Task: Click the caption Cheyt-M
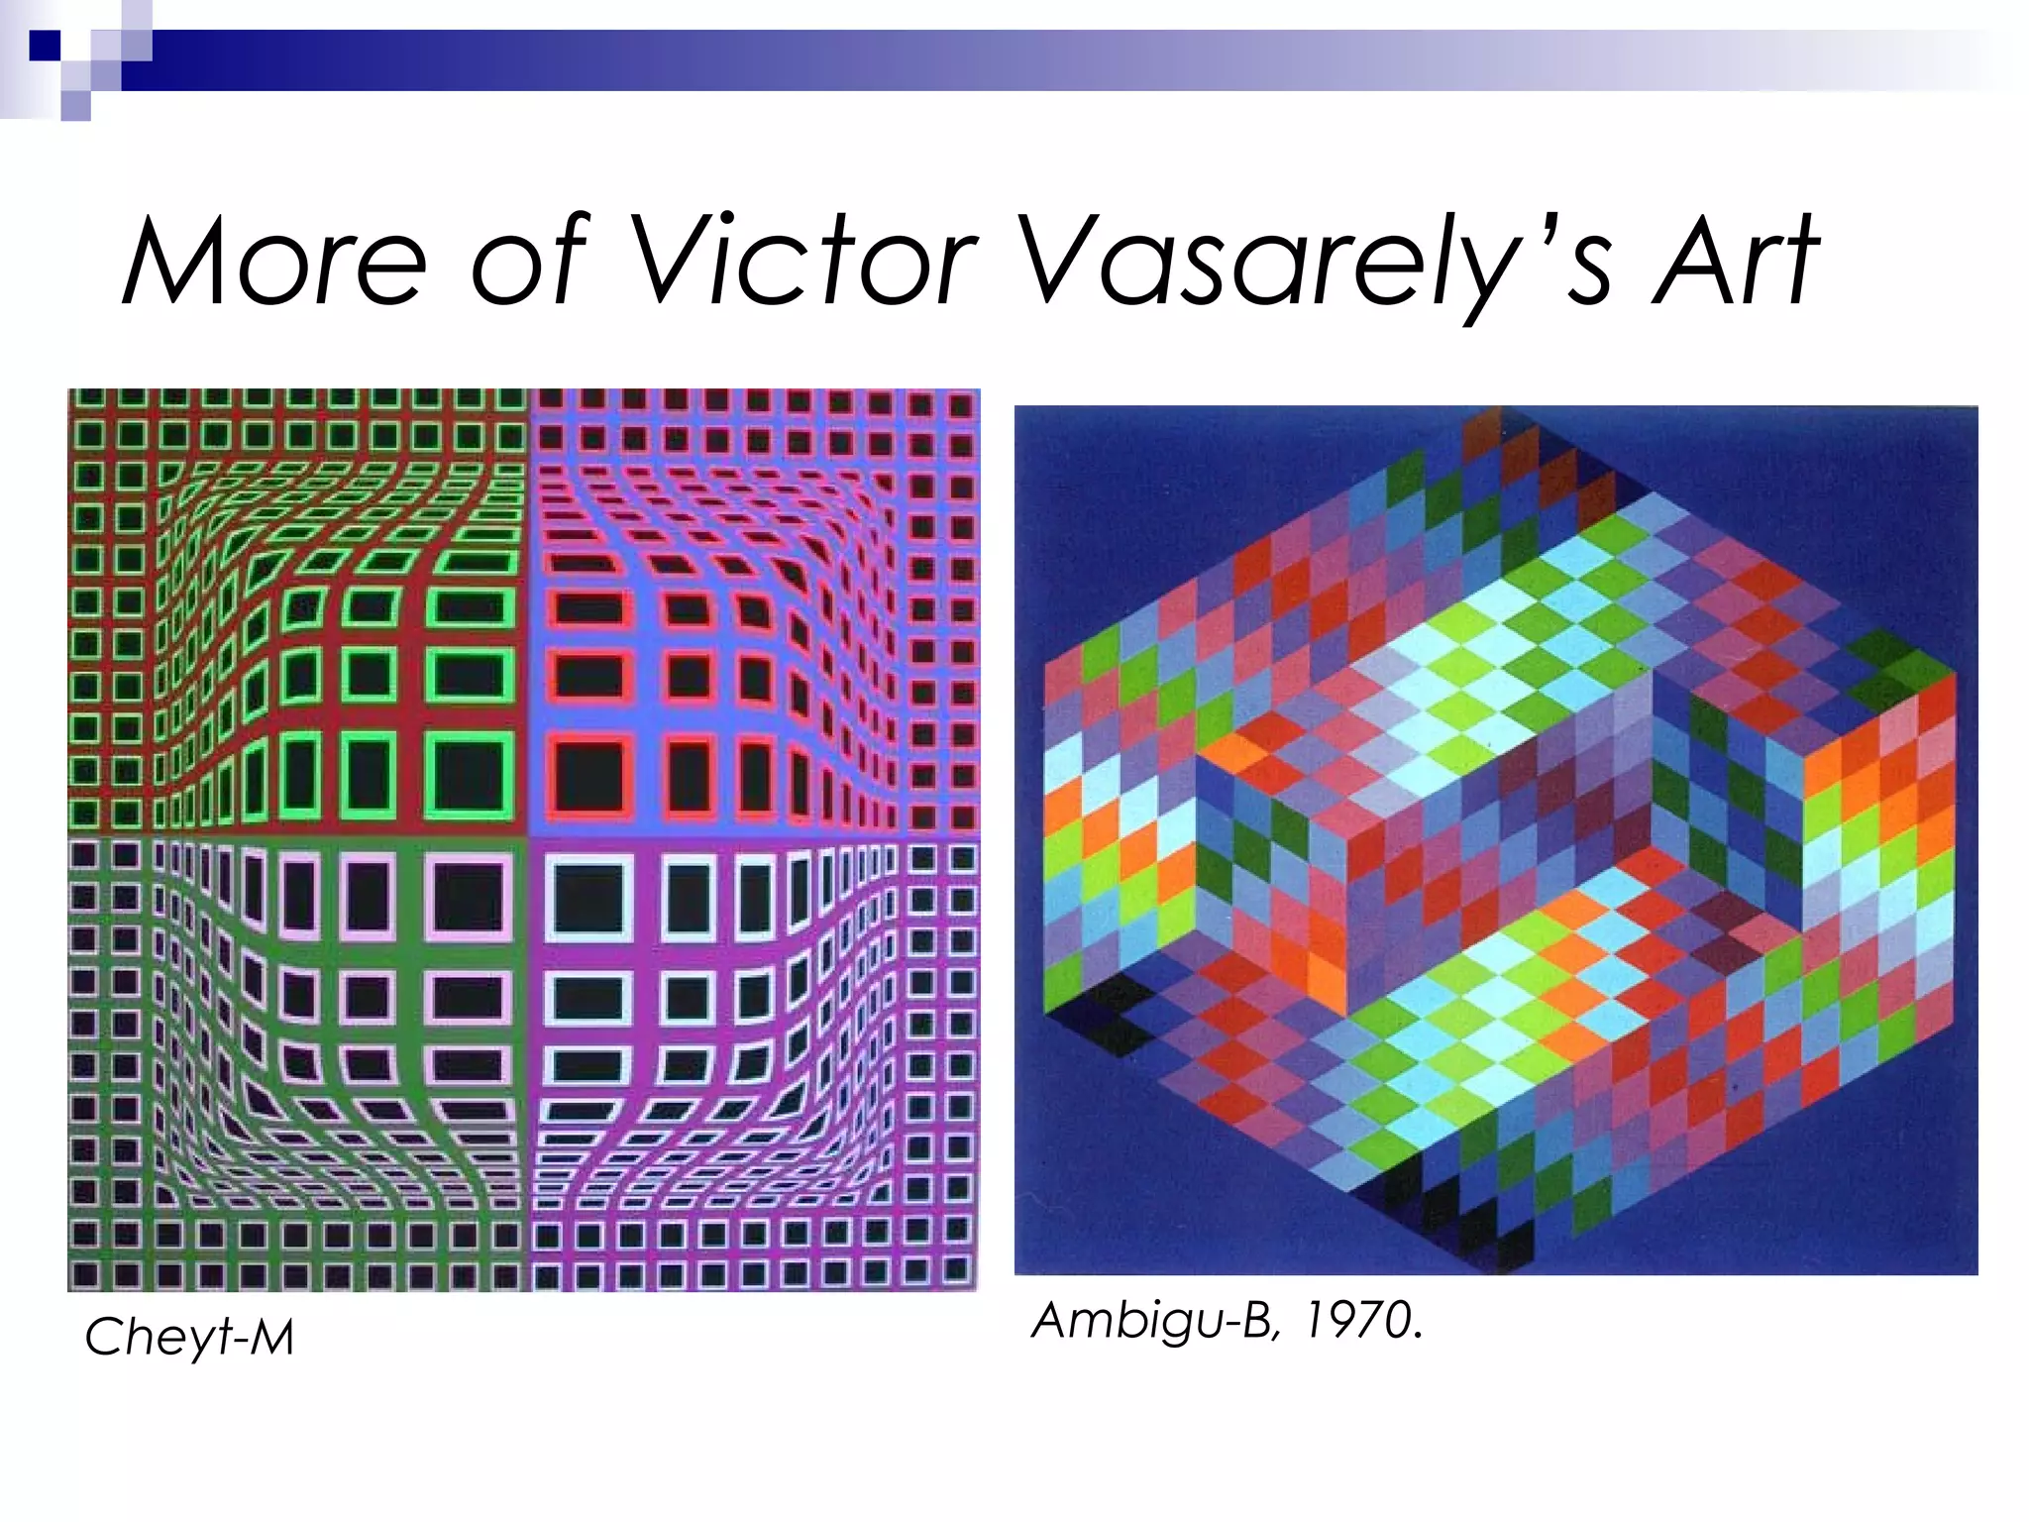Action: point(189,1337)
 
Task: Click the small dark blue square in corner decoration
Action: point(45,46)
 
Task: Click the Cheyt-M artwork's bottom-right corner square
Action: point(956,1269)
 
